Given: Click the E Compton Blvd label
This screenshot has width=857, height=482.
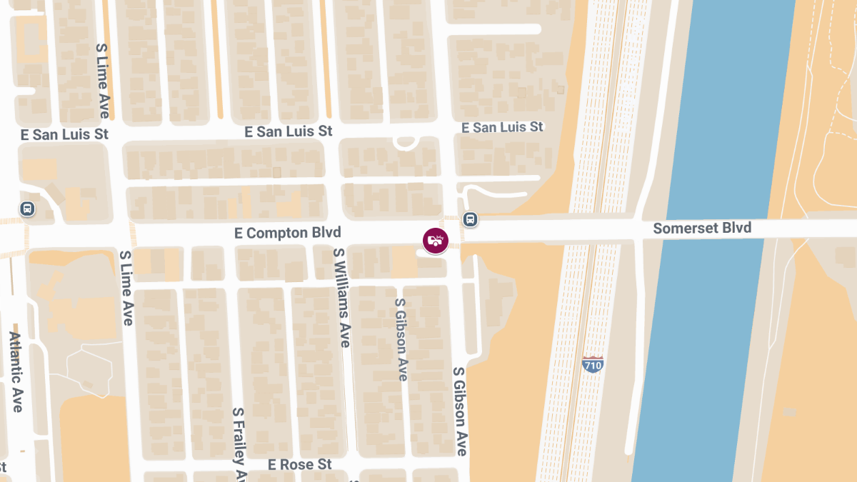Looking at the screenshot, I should [x=288, y=233].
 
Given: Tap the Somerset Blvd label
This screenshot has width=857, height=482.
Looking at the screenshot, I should [x=702, y=229].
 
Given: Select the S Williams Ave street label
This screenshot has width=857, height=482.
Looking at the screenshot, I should [x=342, y=297].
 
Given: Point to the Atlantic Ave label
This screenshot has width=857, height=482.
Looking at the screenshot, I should [x=16, y=371].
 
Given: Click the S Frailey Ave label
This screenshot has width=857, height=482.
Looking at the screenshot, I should [x=239, y=444].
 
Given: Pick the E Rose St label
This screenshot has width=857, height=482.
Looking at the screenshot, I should [x=300, y=465].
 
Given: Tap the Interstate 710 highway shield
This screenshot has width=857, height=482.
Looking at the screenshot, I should [x=593, y=363].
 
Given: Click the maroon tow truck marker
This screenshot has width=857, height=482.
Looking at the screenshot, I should [x=436, y=241].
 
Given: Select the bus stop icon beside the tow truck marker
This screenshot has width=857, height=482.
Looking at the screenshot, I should [x=469, y=219].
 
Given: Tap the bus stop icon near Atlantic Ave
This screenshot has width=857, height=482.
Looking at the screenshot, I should [x=27, y=209].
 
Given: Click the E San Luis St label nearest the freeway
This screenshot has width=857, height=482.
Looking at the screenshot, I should [x=502, y=127].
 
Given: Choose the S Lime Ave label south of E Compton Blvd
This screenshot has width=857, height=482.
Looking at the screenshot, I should [x=126, y=288].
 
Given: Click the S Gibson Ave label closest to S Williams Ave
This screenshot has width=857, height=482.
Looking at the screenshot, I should [x=401, y=339].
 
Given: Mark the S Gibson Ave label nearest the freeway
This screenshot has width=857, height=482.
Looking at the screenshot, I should [x=460, y=412].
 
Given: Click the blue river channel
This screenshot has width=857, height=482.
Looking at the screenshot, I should [x=714, y=321].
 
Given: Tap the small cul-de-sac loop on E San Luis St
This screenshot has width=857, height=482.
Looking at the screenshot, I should [x=406, y=143].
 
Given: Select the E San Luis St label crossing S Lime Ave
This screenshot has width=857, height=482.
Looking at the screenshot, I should [x=64, y=134].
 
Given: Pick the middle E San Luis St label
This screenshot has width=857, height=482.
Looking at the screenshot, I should [x=289, y=131].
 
